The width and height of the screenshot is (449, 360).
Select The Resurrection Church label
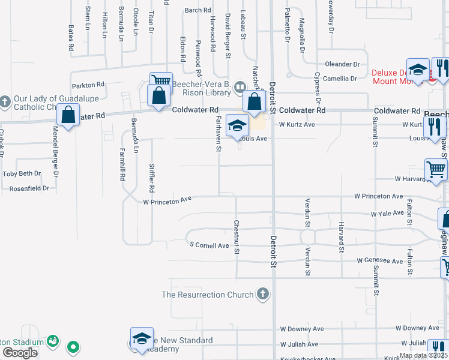(208, 295)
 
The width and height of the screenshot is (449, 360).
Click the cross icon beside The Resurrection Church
(262, 295)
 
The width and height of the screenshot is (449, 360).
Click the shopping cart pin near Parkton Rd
(161, 82)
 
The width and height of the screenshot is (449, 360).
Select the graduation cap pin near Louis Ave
(237, 126)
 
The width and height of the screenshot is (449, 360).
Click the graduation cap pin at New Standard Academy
(142, 339)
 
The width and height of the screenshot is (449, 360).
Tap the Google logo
(19, 353)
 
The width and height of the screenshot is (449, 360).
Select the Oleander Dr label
(342, 64)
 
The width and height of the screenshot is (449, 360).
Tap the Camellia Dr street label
(341, 78)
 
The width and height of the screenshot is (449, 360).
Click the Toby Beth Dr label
(22, 173)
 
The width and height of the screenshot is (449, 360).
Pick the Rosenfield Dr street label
(29, 188)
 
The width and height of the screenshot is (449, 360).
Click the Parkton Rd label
(88, 85)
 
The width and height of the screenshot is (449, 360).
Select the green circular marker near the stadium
(74, 346)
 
